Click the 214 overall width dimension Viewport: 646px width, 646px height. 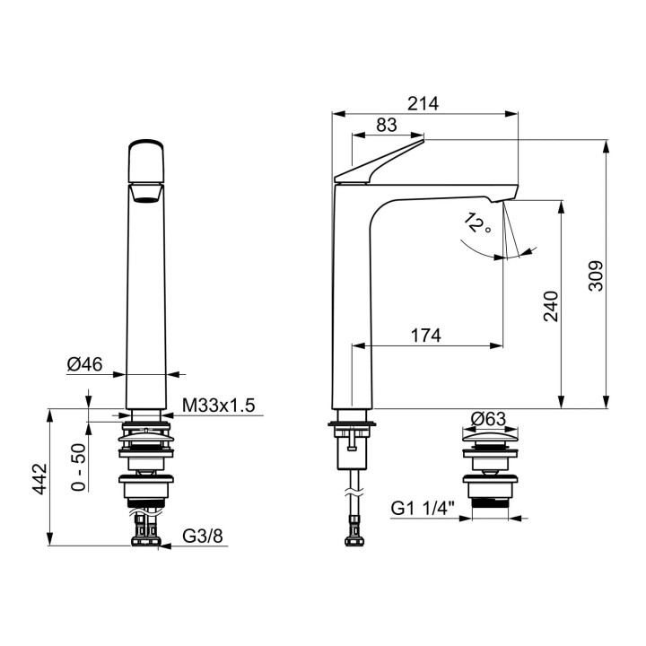(423, 103)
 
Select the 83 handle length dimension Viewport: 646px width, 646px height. (387, 125)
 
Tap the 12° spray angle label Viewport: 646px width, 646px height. (477, 223)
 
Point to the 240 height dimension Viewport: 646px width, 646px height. (551, 306)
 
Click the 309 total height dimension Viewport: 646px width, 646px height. (596, 275)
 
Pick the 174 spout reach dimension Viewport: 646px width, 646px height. (426, 336)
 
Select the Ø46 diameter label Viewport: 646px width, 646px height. (84, 364)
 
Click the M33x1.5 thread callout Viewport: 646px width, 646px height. (219, 406)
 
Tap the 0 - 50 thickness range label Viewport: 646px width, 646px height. (78, 467)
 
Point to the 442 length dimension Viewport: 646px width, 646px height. (40, 479)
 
